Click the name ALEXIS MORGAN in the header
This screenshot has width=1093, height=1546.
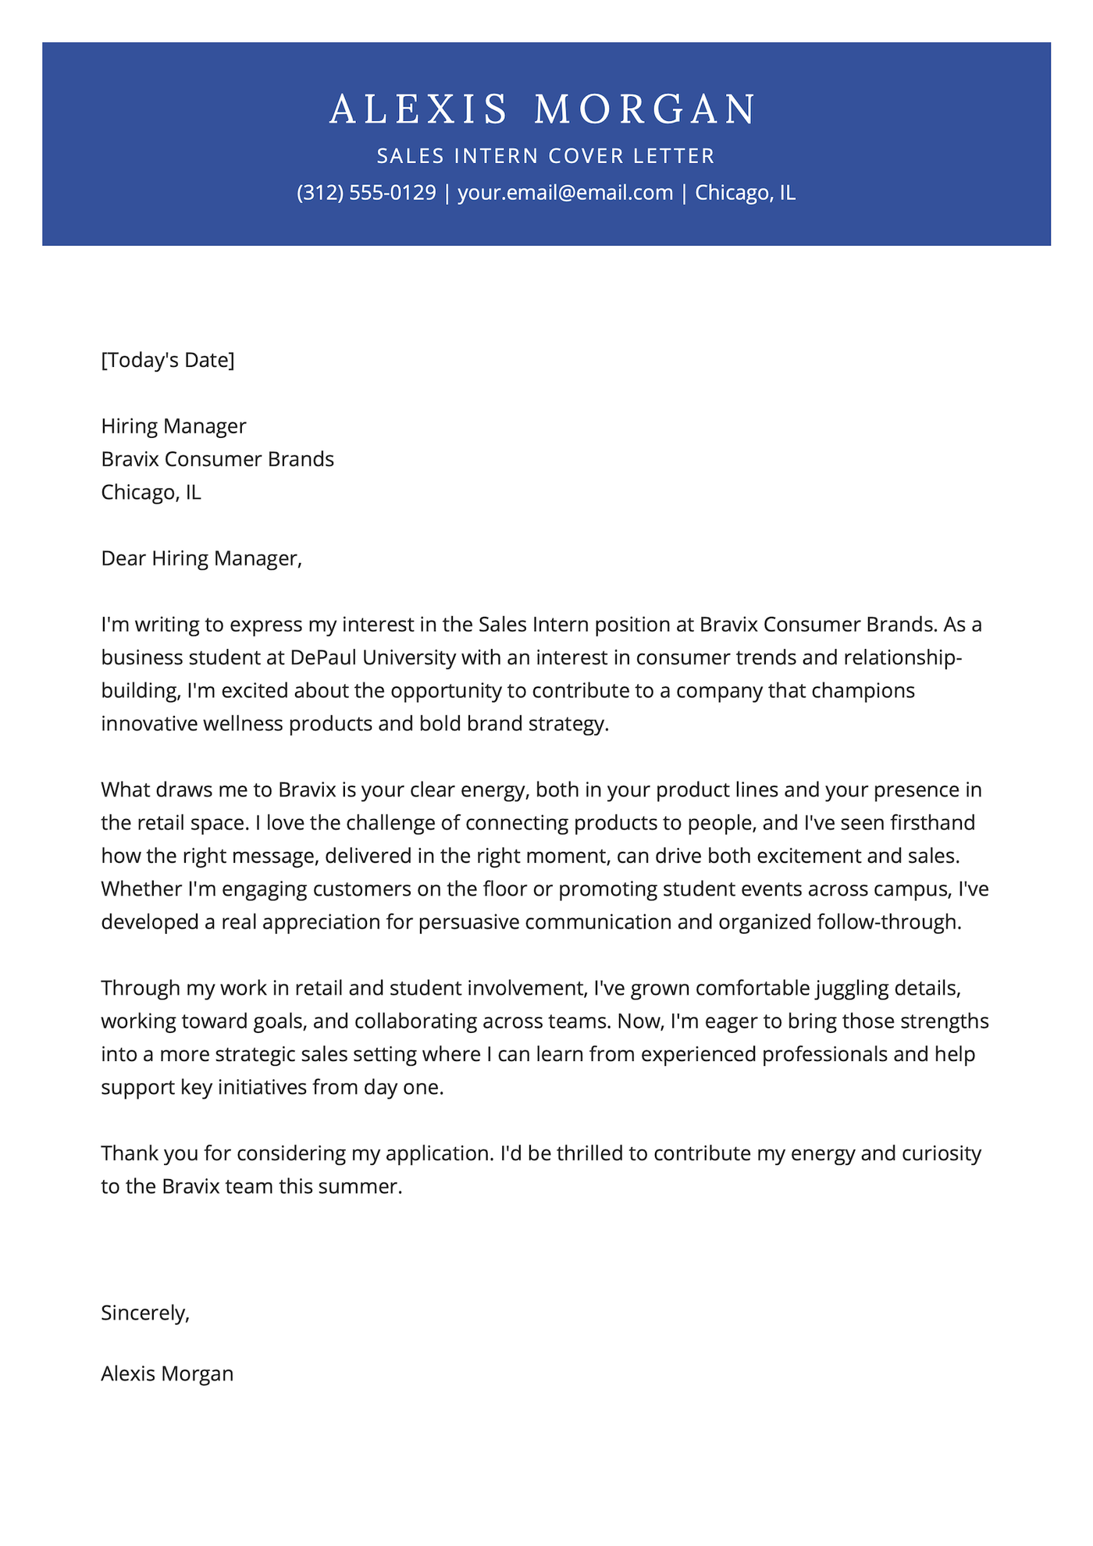544,109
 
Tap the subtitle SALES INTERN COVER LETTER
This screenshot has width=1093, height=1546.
546,156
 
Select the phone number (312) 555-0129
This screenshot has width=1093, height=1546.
366,193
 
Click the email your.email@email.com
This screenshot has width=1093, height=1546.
565,193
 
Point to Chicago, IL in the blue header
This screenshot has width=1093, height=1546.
745,193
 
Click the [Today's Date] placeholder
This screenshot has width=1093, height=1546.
168,360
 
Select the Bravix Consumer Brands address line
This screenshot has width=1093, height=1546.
217,459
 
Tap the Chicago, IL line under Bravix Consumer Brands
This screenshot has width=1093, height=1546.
151,492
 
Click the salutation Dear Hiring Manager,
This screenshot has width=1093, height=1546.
201,558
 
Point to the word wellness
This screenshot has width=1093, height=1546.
243,724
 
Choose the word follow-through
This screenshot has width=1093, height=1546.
888,922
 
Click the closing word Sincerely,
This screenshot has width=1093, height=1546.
145,1313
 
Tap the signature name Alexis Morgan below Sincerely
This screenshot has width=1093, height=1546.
167,1373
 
